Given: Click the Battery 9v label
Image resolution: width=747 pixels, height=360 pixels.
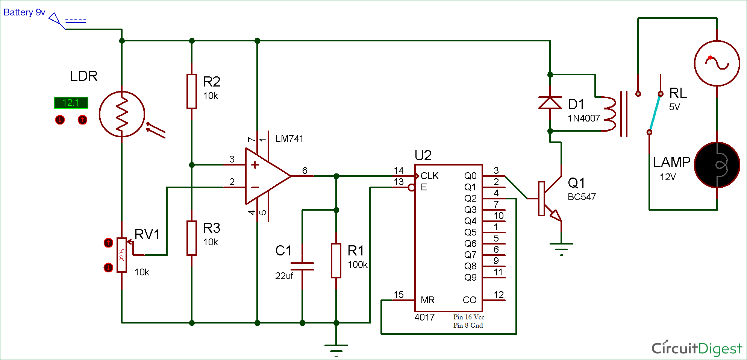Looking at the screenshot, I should pos(24,12).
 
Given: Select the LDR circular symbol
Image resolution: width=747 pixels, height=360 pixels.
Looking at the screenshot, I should pos(122,114).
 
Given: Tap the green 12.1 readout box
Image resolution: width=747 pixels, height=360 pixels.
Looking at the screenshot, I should pos(71,103).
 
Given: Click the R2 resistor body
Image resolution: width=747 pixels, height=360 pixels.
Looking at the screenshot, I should pos(192,91).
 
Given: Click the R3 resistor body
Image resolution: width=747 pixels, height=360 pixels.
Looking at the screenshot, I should pos(192,238).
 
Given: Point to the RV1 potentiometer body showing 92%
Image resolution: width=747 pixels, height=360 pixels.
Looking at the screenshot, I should pos(121,255).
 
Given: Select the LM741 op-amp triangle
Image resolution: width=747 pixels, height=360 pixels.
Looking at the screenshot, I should pos(265,176).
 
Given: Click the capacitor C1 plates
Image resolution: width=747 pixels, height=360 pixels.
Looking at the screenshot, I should pos(302,266).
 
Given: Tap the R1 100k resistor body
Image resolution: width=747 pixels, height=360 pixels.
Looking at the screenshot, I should pos(336,261).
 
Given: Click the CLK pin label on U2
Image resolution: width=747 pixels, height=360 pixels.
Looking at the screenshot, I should pos(430,176).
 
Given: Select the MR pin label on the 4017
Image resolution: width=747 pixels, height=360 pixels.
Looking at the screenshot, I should pos(428,300).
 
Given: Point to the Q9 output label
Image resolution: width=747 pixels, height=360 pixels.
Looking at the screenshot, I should pos(470,278).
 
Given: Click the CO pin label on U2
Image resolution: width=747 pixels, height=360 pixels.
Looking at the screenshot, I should pos(470,300).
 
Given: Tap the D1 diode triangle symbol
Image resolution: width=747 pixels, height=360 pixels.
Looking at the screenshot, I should pos(550,103).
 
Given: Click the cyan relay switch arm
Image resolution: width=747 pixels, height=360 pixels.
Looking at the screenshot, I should pos(655,113).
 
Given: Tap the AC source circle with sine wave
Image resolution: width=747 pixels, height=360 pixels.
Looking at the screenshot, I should pos(717,63).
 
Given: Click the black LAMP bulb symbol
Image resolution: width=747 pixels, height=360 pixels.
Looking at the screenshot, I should pos(717,165).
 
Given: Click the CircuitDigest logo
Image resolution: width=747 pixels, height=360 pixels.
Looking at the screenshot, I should pos(697,348).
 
